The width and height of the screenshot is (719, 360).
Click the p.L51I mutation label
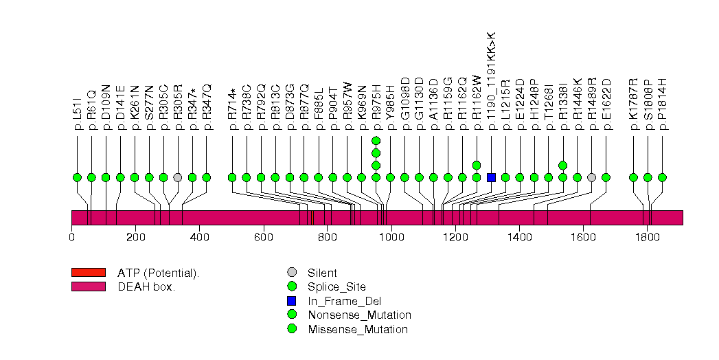point(78,114)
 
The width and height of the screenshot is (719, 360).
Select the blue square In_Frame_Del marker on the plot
point(491,177)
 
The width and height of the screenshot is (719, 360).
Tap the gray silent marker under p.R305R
point(178,177)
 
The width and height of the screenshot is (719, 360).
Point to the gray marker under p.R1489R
point(592,177)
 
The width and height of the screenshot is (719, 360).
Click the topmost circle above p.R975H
point(376,141)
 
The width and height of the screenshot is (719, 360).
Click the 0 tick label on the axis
point(71,238)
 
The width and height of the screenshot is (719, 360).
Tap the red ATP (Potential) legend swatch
point(88,273)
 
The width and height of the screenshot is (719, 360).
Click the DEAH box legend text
point(146,286)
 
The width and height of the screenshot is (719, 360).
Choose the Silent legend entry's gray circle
point(292,273)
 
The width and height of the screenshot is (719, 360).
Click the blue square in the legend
point(292,301)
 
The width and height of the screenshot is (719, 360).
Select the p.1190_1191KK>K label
point(491,81)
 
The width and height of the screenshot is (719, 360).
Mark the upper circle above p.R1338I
point(563,165)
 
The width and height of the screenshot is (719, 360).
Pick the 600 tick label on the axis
point(264,238)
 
